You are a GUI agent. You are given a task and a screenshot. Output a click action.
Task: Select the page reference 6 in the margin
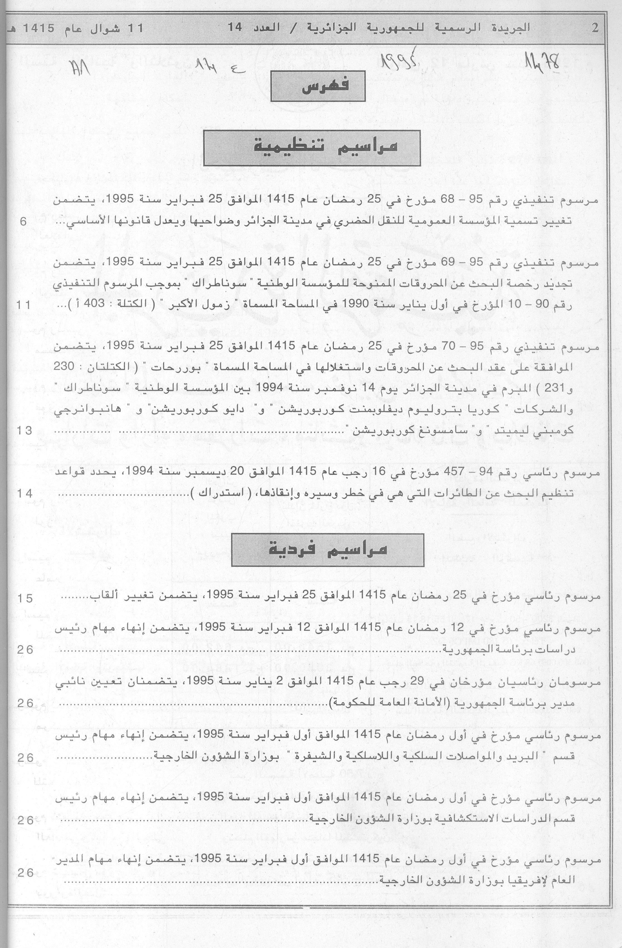click(23, 222)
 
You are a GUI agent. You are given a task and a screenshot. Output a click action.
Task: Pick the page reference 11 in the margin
click(23, 305)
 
